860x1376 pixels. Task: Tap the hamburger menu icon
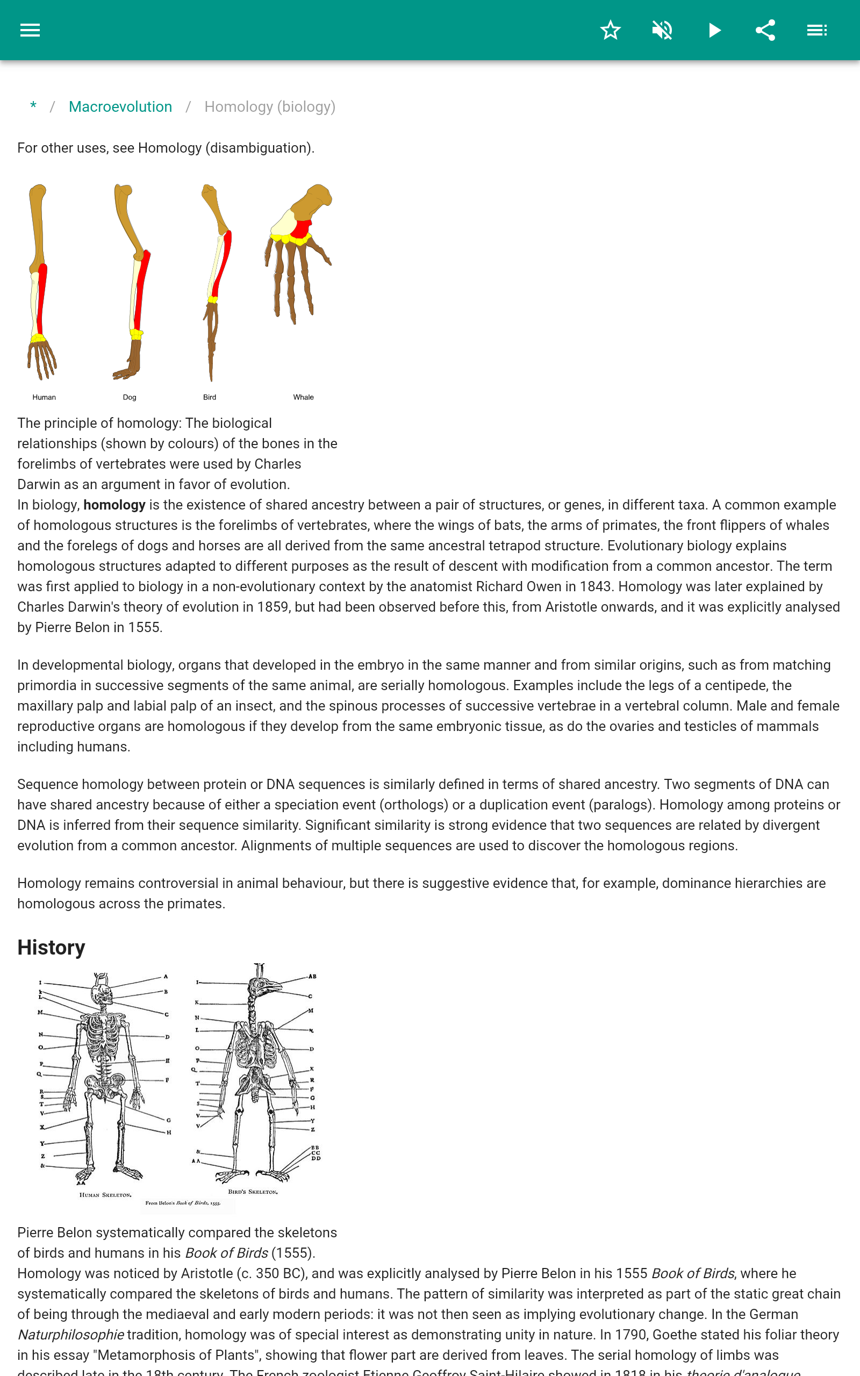pos(30,30)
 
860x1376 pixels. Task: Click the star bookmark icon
pos(610,30)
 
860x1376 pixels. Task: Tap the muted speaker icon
pos(662,30)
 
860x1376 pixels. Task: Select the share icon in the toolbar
pos(765,30)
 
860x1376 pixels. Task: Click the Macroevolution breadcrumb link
pos(120,107)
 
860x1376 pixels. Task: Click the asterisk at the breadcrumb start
pos(33,106)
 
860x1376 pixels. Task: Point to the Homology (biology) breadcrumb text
pos(270,107)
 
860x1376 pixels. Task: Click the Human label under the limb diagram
pos(44,397)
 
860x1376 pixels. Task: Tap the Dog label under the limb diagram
pos(130,397)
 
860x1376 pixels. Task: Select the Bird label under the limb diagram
pos(209,397)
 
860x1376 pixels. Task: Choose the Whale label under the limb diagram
pos(303,397)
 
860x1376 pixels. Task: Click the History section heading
pos(51,948)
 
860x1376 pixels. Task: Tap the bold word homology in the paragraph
pos(114,505)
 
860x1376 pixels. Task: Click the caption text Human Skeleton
pos(105,1195)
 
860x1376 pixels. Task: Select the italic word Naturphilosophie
pos(70,1335)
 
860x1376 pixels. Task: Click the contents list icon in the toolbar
pos(817,30)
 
